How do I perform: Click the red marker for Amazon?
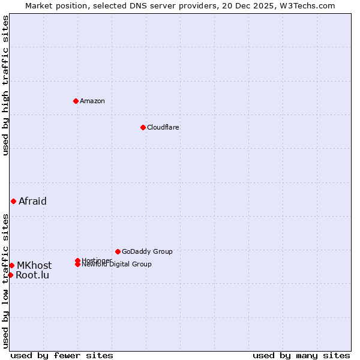click(76, 101)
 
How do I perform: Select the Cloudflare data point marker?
click(143, 127)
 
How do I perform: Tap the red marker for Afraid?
click(13, 201)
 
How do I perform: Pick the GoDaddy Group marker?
click(118, 251)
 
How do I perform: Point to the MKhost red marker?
click(11, 265)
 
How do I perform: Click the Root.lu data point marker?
click(10, 275)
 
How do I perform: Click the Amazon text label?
click(92, 101)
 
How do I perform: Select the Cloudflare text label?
click(163, 127)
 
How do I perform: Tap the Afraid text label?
click(32, 201)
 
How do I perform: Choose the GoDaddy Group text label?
click(147, 251)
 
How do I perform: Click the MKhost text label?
click(34, 265)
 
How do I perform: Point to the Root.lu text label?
click(32, 275)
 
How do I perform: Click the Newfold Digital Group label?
click(117, 265)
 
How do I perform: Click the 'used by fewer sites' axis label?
click(62, 355)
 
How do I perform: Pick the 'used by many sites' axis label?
click(301, 355)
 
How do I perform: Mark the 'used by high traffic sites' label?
click(5, 85)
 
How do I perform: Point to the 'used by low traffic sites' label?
click(5, 280)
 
